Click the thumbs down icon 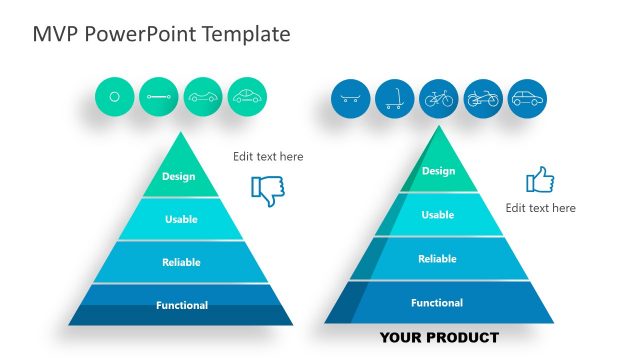[267, 190]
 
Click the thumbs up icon [540, 180]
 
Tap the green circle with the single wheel [114, 97]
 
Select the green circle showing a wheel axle [158, 97]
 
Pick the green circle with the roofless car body [203, 97]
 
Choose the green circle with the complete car [247, 97]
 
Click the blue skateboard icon [350, 99]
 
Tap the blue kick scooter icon [394, 99]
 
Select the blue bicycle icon [438, 99]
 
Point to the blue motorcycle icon [483, 99]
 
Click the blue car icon [527, 99]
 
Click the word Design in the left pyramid [179, 177]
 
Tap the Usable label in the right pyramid [437, 215]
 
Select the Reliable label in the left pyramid [181, 263]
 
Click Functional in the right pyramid [437, 303]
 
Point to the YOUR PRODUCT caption [438, 337]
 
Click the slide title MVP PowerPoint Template [161, 34]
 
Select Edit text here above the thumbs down [268, 157]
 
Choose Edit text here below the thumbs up [540, 208]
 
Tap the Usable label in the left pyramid [180, 219]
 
